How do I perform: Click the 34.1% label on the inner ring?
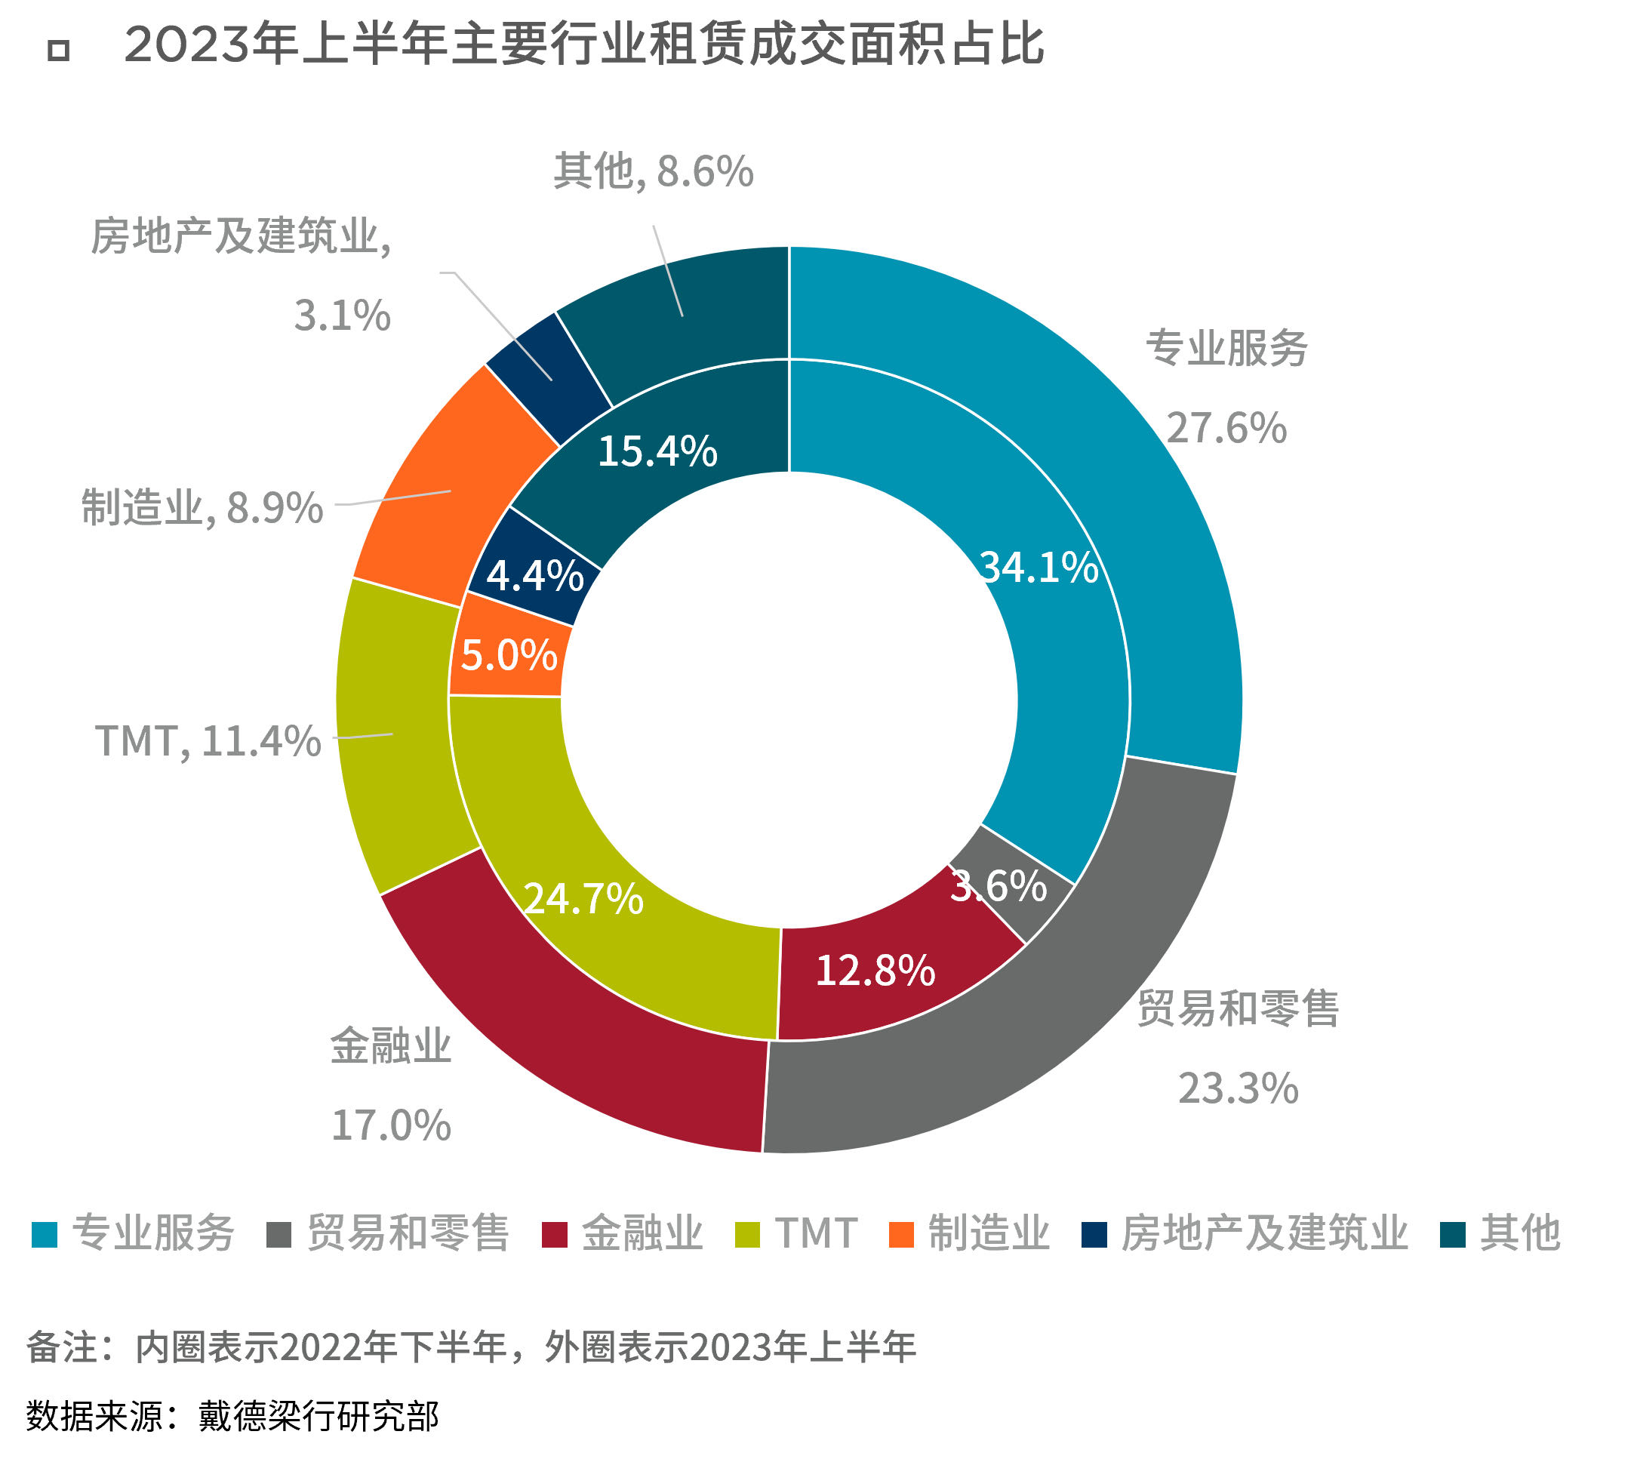pyautogui.click(x=1039, y=568)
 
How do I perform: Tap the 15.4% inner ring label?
pyautogui.click(x=657, y=451)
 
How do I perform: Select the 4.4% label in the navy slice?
pyautogui.click(x=535, y=576)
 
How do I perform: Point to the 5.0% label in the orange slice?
pyautogui.click(x=509, y=655)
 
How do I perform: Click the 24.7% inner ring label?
pyautogui.click(x=583, y=899)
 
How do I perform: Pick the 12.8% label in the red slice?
pyautogui.click(x=875, y=971)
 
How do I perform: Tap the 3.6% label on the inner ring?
pyautogui.click(x=999, y=886)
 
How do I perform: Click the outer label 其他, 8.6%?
pyautogui.click(x=654, y=171)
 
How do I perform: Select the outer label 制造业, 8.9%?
pyautogui.click(x=202, y=508)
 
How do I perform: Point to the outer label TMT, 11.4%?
pyautogui.click(x=208, y=740)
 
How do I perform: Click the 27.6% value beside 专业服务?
pyautogui.click(x=1226, y=428)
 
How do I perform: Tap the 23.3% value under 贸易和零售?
pyautogui.click(x=1238, y=1088)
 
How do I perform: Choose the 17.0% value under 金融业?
pyautogui.click(x=391, y=1125)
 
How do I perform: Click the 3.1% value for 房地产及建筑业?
pyautogui.click(x=343, y=315)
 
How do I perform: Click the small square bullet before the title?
pyautogui.click(x=59, y=51)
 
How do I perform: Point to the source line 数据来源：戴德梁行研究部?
pyautogui.click(x=232, y=1417)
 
